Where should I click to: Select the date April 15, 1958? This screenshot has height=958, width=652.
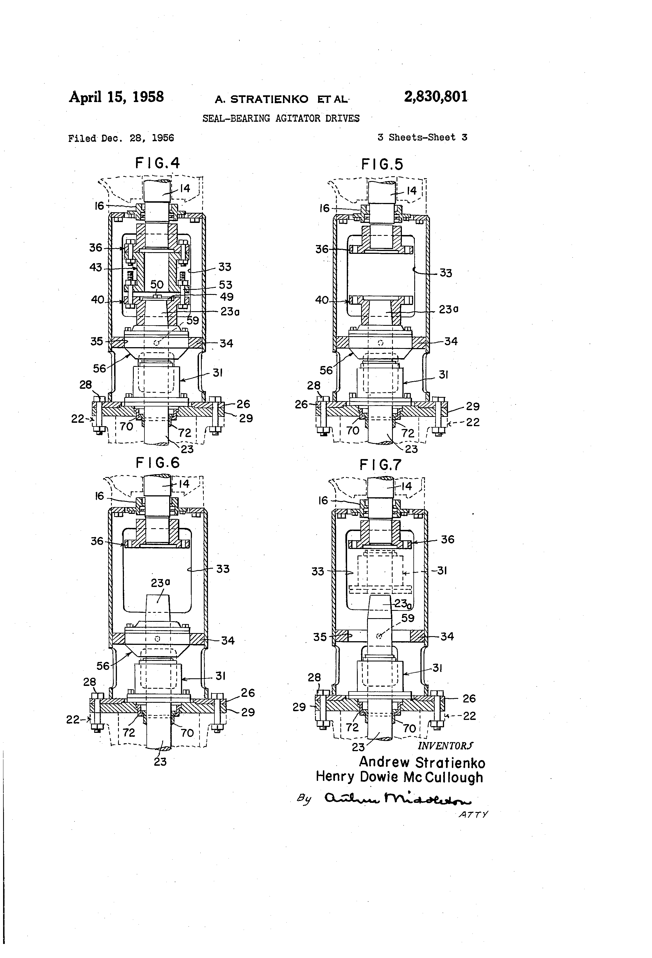(x=116, y=97)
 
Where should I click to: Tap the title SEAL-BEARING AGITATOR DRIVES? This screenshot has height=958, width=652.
(x=281, y=119)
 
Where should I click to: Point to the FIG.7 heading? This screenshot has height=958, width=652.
(x=381, y=465)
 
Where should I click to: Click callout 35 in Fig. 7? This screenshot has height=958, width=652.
(x=320, y=637)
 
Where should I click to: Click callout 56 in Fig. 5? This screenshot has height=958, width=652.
(x=326, y=370)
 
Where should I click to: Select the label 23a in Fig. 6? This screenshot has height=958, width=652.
(x=160, y=583)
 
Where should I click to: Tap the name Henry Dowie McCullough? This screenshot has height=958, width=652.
(x=399, y=777)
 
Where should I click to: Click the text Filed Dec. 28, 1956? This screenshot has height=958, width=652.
(x=121, y=138)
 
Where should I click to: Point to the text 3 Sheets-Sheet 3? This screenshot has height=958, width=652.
(x=422, y=137)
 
